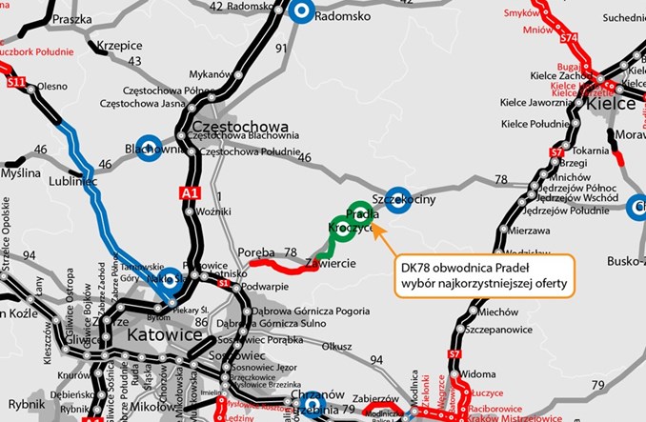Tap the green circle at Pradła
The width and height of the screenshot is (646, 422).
click(x=360, y=212)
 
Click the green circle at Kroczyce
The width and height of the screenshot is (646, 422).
click(x=343, y=230)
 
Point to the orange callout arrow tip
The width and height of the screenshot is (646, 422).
click(x=373, y=226)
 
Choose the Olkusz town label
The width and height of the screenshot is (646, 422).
click(x=338, y=347)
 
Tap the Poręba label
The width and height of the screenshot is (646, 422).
click(x=256, y=252)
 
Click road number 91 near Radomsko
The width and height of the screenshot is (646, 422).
click(x=280, y=47)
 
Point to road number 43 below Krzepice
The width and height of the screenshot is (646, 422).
click(x=133, y=61)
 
